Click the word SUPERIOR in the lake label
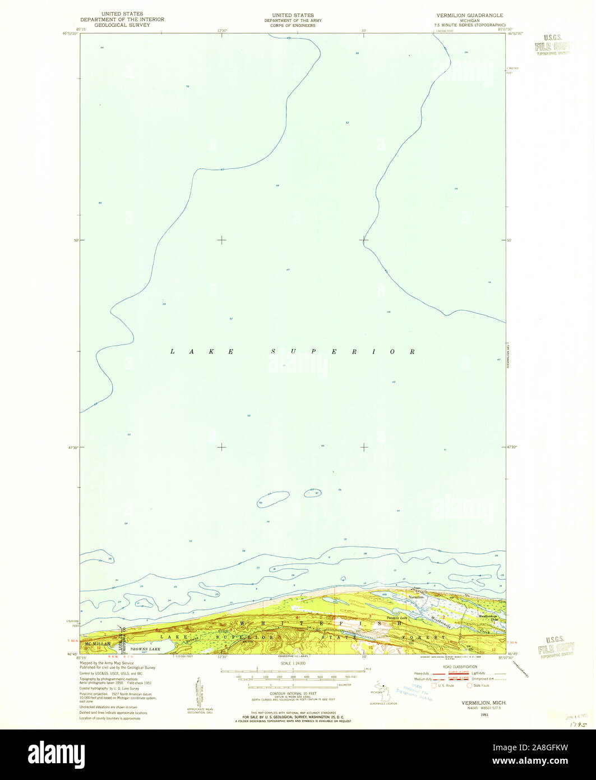343,352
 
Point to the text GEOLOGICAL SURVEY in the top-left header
122,25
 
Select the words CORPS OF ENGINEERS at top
293,25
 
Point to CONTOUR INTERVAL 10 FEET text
293,694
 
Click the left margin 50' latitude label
74,240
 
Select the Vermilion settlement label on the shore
416,597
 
